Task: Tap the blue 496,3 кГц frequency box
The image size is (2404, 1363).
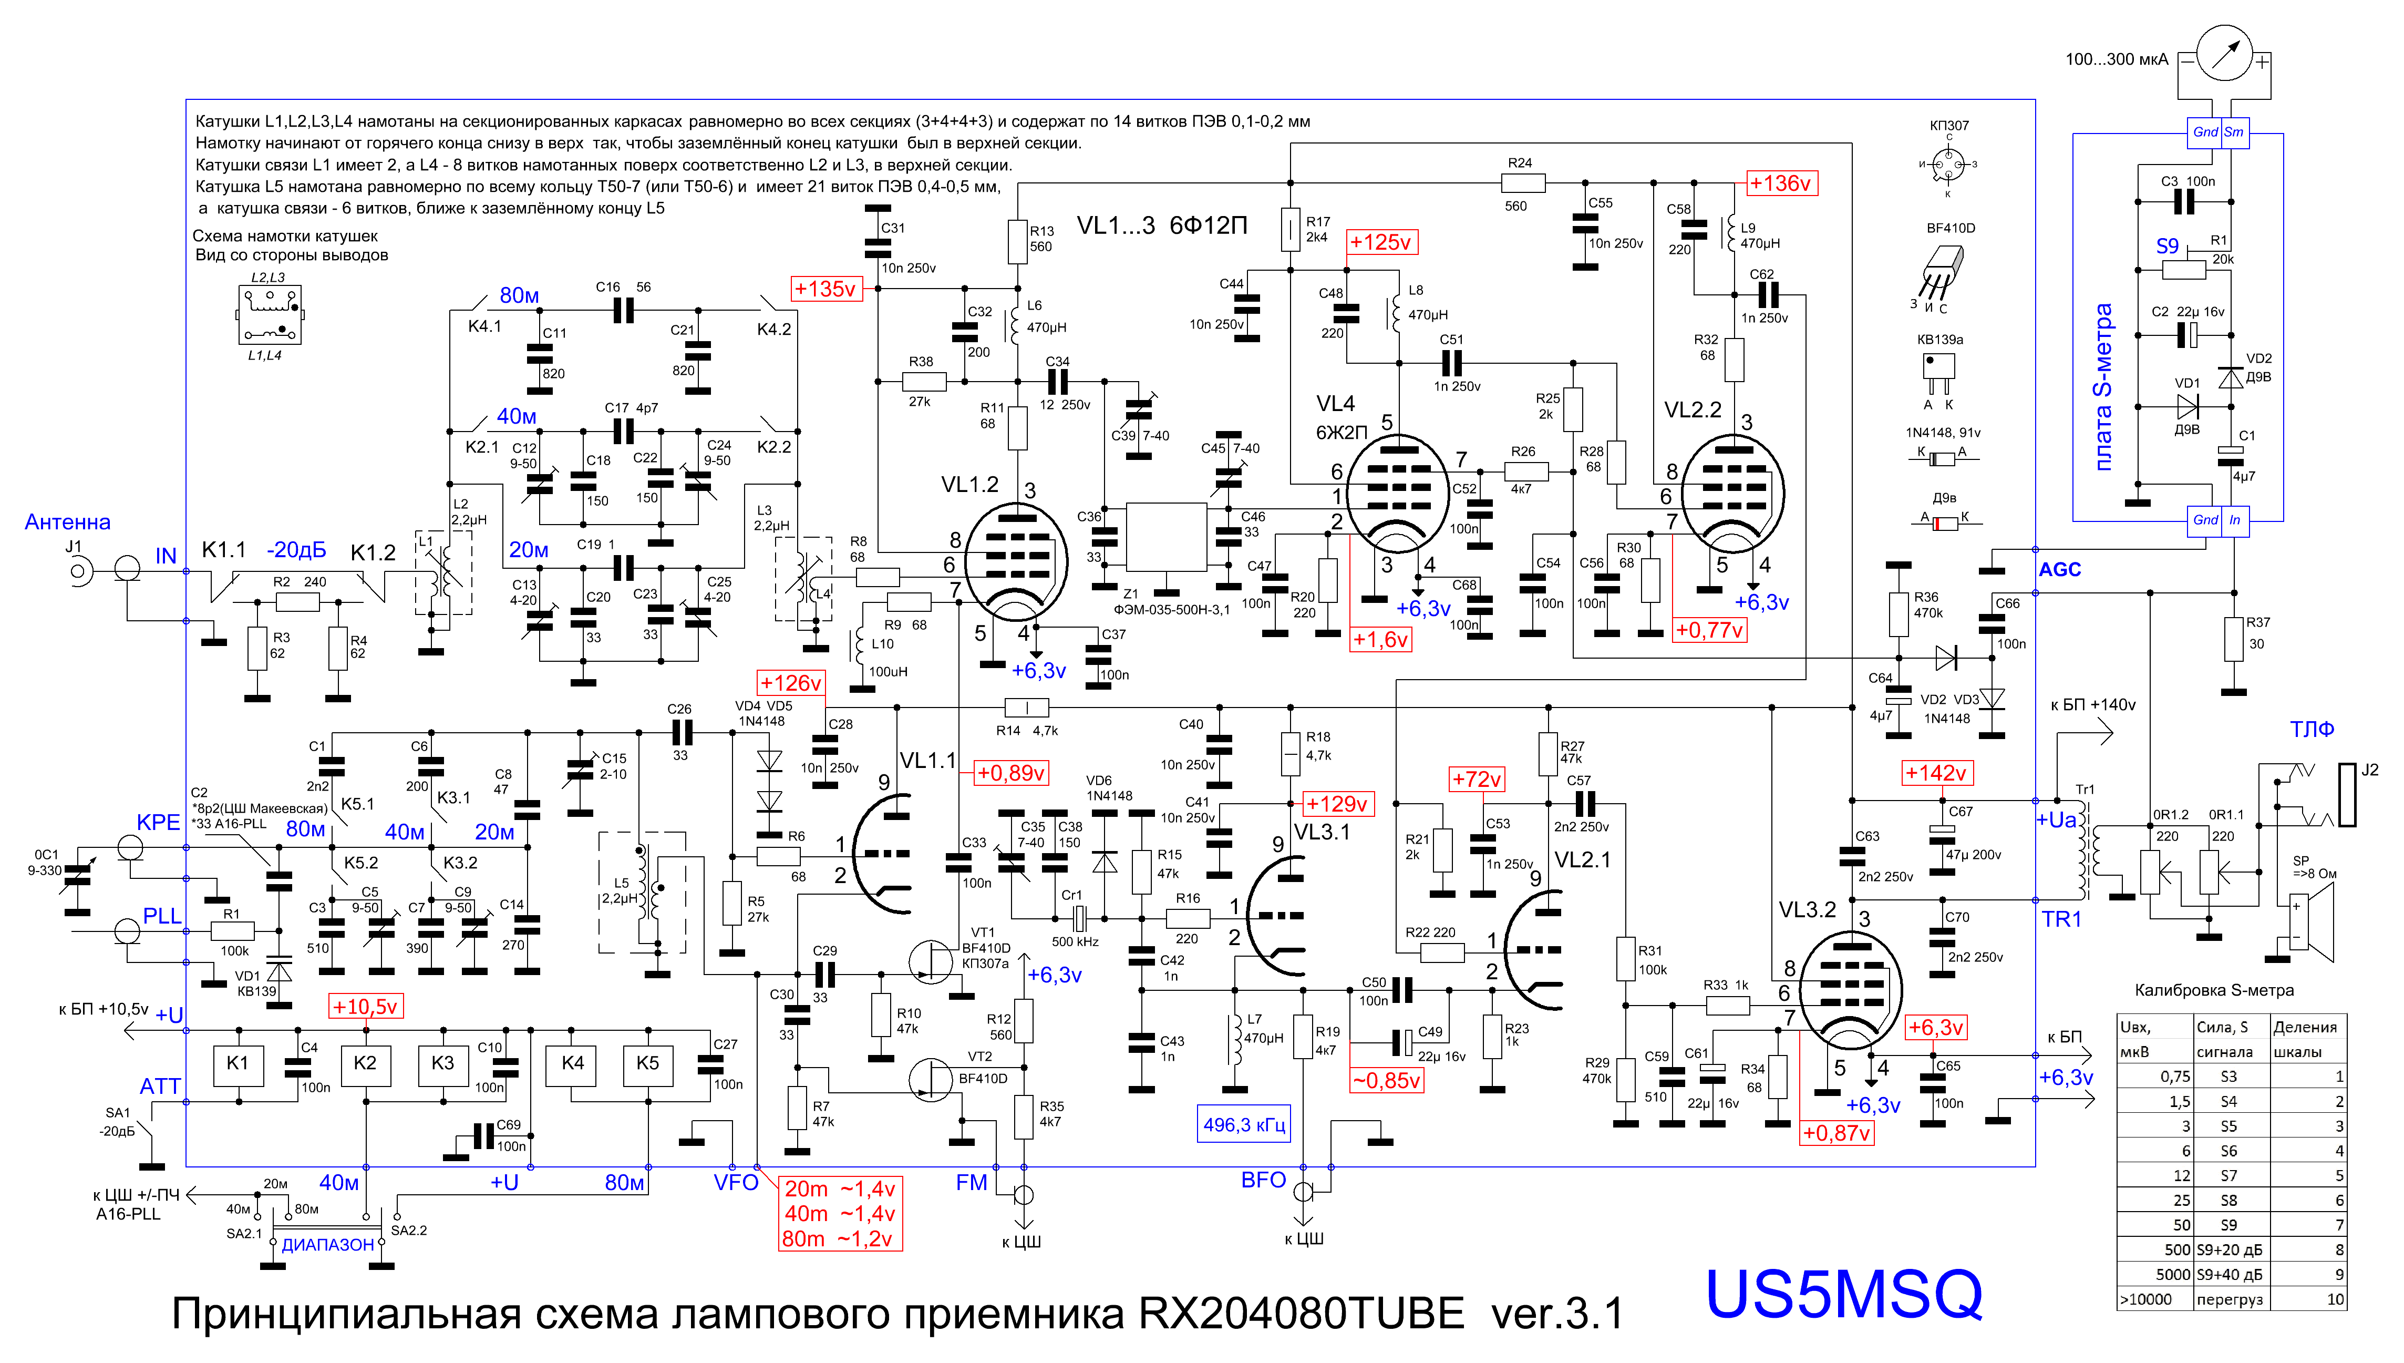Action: [x=1244, y=1124]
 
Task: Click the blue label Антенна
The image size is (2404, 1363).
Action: [x=67, y=522]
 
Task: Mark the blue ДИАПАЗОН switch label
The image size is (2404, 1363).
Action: [x=327, y=1245]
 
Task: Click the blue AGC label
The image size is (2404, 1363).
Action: [x=2060, y=569]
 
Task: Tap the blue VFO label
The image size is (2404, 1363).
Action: [x=736, y=1182]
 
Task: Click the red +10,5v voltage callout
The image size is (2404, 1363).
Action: [x=365, y=1007]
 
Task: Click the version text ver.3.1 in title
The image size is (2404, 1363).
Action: [x=1557, y=1314]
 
